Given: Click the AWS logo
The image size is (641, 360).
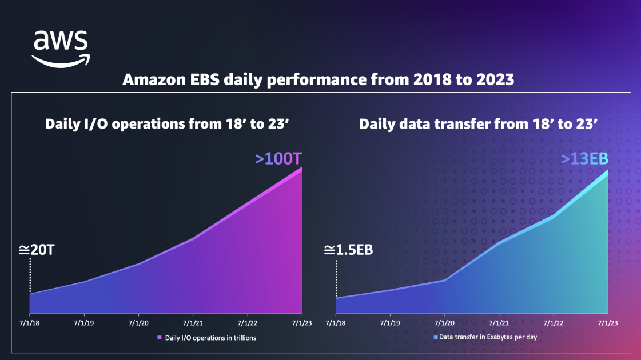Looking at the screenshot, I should (60, 48).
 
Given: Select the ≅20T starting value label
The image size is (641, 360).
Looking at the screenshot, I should (36, 250).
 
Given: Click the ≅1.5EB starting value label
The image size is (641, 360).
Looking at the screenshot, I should (348, 250).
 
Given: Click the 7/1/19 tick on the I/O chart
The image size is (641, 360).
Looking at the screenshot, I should (85, 323).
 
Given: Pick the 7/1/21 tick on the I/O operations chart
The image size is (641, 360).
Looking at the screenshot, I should (193, 323).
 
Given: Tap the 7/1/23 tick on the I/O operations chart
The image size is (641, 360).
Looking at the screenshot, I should (301, 323).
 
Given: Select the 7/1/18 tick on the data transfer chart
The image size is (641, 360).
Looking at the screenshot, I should (336, 323).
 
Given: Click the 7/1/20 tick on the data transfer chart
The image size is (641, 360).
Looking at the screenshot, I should (444, 323).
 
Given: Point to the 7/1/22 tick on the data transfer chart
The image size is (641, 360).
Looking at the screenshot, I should (553, 323).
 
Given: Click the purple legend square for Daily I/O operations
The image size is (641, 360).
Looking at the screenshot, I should (160, 338).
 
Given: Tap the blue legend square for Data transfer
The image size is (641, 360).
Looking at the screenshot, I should (435, 337).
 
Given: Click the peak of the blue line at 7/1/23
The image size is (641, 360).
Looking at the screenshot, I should (606, 171).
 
